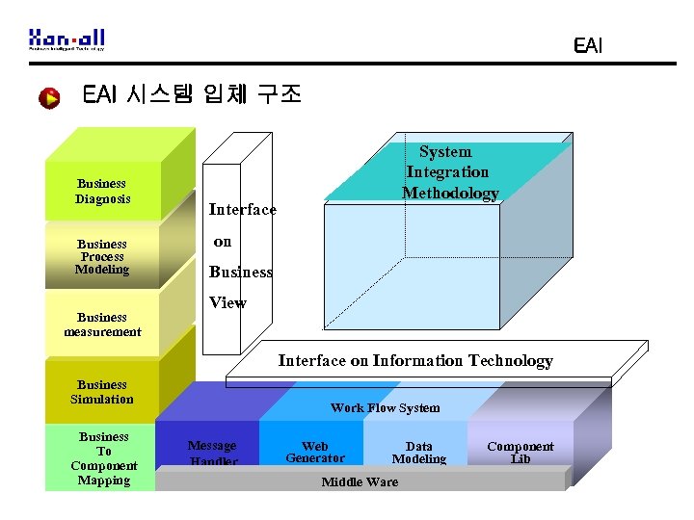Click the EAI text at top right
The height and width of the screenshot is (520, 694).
click(x=586, y=45)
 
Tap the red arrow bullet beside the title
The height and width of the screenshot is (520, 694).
click(x=49, y=97)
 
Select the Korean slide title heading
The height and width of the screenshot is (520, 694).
click(x=192, y=94)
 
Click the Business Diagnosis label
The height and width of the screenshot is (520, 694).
click(x=102, y=192)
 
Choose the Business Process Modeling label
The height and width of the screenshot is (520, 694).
click(x=102, y=257)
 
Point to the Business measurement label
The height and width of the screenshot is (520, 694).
click(x=102, y=325)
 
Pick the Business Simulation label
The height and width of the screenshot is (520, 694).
click(x=102, y=392)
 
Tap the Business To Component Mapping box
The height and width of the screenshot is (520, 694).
click(x=103, y=458)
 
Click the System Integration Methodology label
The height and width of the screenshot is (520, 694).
click(x=448, y=172)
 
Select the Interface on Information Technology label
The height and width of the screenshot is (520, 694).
click(x=415, y=361)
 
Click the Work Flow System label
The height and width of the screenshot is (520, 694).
click(x=385, y=408)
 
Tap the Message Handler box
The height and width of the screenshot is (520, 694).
click(x=212, y=453)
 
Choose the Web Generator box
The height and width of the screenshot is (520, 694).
click(x=314, y=452)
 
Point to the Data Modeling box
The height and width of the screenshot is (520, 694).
click(x=418, y=453)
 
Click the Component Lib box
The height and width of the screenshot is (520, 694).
click(x=520, y=453)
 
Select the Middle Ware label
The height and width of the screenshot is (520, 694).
click(x=360, y=481)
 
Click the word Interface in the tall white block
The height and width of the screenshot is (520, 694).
click(x=242, y=210)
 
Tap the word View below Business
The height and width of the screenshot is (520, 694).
click(x=227, y=302)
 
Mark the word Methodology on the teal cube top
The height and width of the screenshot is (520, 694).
click(x=450, y=193)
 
